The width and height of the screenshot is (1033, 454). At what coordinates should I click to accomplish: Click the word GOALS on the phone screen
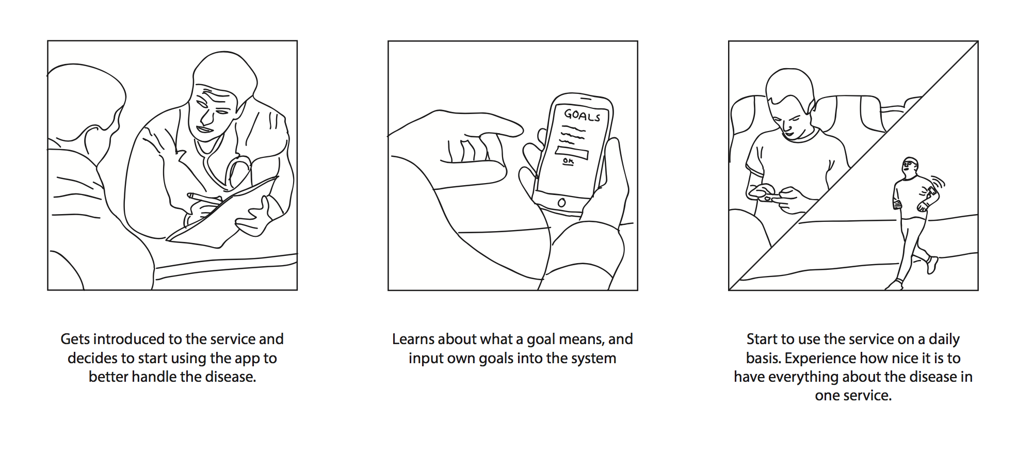click(582, 115)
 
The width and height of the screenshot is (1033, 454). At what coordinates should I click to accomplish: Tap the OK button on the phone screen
click(568, 161)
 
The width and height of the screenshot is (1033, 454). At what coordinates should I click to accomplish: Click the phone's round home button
click(561, 203)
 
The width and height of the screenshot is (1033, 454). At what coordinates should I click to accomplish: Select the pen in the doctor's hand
click(204, 199)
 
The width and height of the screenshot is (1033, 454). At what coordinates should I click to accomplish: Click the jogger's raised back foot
click(932, 265)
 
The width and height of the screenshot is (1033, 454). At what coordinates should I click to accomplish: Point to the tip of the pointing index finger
click(520, 128)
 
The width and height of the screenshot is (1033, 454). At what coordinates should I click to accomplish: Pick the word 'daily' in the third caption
click(944, 339)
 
